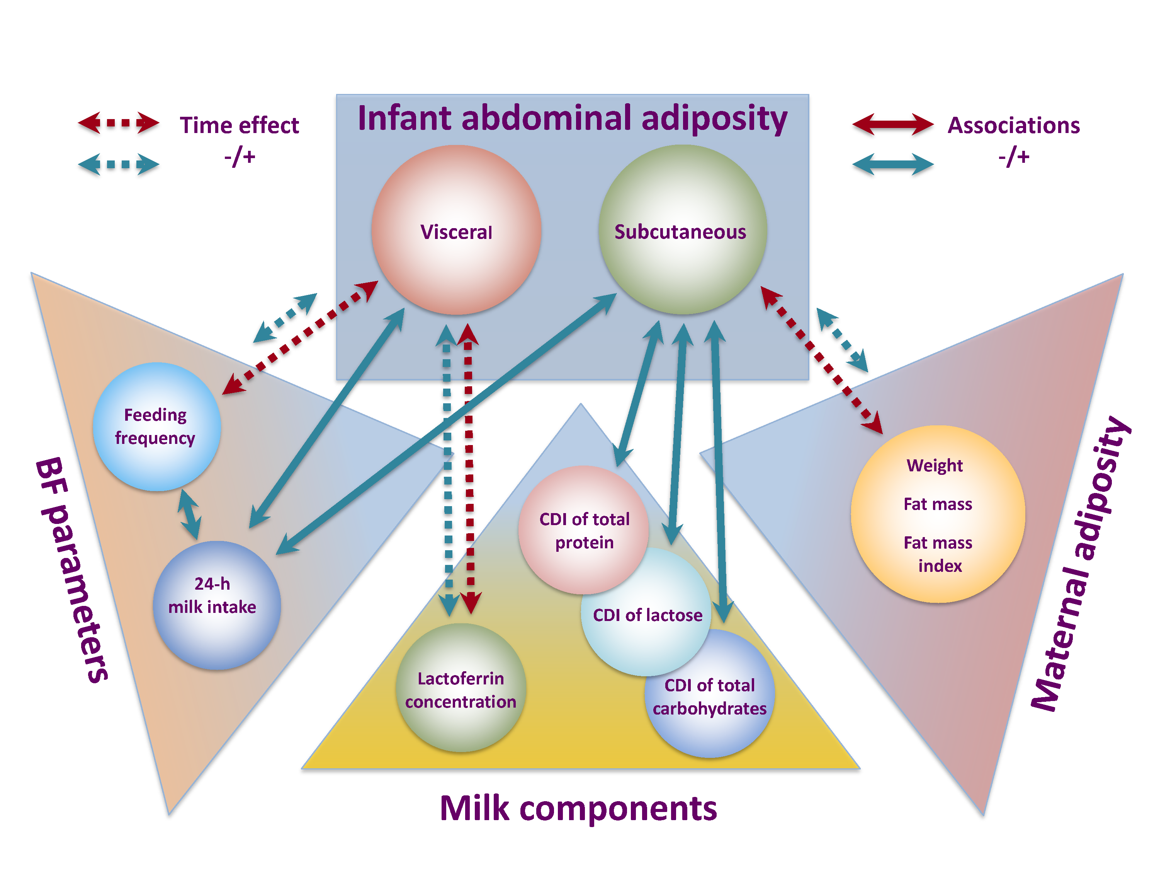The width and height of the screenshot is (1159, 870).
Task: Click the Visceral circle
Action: click(456, 231)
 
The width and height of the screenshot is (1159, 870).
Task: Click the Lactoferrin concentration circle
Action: click(461, 688)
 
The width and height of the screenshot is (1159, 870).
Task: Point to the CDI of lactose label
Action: click(647, 615)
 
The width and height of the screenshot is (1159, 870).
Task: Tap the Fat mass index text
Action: click(938, 553)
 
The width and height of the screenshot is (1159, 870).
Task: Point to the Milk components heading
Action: click(578, 808)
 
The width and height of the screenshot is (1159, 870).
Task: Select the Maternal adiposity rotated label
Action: click(1079, 564)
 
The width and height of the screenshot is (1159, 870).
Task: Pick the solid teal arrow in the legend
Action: click(892, 164)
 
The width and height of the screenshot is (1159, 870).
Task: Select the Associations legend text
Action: click(1013, 125)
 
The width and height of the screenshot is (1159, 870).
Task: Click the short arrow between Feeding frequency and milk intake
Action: click(189, 514)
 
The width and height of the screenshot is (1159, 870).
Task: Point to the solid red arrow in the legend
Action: click(892, 124)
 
